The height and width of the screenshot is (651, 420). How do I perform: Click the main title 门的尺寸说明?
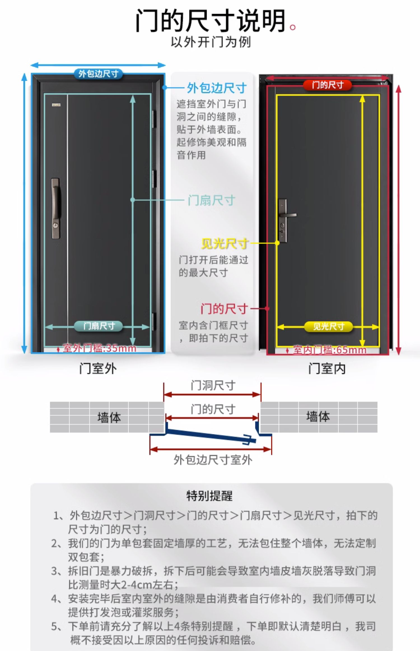pos(211,21)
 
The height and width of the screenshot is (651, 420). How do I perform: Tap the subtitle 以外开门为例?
pos(211,42)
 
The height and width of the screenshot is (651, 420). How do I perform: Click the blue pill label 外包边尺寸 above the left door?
pos(98,74)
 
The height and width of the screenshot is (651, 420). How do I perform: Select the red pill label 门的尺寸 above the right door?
pos(328,85)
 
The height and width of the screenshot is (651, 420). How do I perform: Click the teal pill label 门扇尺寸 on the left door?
pos(99,326)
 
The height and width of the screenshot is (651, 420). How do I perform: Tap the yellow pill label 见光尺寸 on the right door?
pos(328,327)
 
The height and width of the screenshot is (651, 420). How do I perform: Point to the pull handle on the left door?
pos(56,208)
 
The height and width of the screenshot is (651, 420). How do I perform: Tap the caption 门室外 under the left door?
pos(98,368)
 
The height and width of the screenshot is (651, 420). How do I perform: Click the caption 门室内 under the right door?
pos(327,368)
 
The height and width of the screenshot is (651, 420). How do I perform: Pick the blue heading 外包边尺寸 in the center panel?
pos(217,88)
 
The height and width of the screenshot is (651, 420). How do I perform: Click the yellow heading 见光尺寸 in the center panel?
pos(225,243)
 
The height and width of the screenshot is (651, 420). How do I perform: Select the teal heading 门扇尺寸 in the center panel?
pos(211,200)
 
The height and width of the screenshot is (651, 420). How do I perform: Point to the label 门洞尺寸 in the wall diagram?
pos(213,385)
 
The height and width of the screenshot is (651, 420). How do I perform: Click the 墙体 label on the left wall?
pos(109,417)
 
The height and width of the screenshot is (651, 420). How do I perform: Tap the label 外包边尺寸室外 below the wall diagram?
pos(213,460)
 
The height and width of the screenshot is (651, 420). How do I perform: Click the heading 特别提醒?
pos(210,496)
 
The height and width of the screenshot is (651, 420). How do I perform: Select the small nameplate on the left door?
pos(56,105)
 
